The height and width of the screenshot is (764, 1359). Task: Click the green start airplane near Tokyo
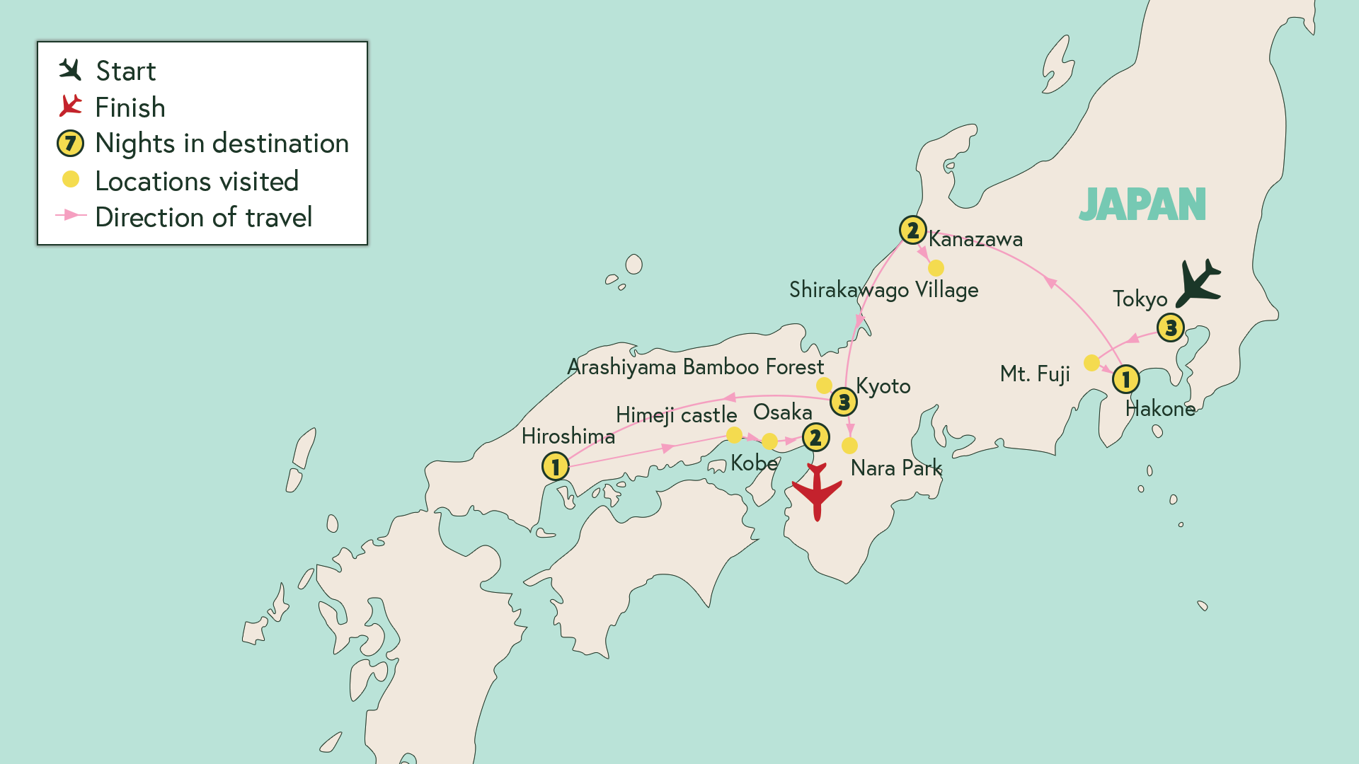pos(1198,283)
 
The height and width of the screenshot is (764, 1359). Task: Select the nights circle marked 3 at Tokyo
pos(1171,328)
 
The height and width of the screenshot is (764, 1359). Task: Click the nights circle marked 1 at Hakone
pos(1125,379)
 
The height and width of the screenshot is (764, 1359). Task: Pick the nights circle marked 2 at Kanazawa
pos(912,230)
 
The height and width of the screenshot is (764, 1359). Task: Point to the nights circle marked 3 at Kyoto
pos(843,402)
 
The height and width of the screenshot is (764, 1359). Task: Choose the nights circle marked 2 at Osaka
pos(815,437)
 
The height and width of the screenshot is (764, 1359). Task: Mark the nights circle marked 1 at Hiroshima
pos(556,466)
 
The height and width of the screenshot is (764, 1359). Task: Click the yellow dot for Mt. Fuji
pos(1091,363)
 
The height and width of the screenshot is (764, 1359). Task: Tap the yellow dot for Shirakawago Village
pos(936,268)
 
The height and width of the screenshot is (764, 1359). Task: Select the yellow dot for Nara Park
pos(849,446)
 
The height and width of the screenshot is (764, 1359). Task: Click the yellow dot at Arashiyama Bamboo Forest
pos(824,386)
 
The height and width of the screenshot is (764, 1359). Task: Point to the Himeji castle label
pos(676,415)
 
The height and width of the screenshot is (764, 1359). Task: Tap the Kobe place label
pos(754,463)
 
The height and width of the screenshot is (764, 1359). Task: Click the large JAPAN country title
pos(1142,205)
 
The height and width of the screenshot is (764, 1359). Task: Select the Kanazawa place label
pos(975,239)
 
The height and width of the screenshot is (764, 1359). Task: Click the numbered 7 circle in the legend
pos(70,144)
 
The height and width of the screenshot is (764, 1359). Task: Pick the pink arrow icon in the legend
pos(71,215)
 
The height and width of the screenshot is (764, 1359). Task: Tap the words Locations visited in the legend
pos(197,181)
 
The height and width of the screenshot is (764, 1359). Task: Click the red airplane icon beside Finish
pos(70,106)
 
